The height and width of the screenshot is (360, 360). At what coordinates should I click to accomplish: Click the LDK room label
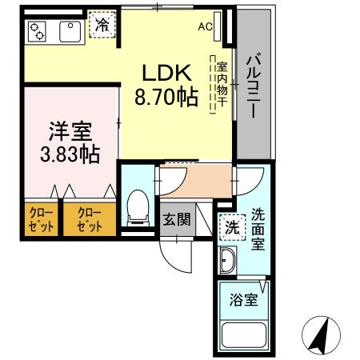click(166, 74)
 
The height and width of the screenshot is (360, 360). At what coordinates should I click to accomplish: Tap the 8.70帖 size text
click(166, 98)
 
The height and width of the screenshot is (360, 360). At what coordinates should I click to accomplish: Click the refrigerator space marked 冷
click(102, 26)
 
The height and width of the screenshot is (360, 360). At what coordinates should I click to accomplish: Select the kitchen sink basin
click(67, 31)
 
